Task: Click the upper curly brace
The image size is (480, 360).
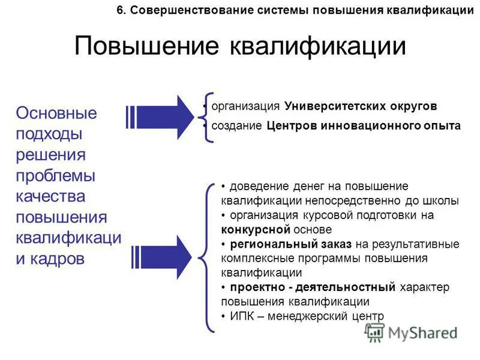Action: pos(207,117)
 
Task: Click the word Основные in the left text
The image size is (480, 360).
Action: pos(56,113)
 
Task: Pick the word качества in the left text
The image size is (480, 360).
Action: pos(50,196)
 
